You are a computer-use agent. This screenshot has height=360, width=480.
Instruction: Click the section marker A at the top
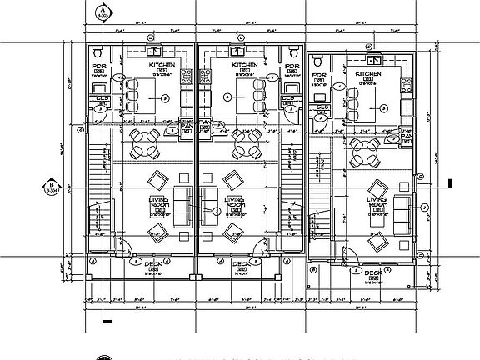(102, 11)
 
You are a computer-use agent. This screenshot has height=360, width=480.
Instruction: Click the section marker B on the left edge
(51, 187)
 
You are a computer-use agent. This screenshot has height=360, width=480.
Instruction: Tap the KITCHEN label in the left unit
(162, 64)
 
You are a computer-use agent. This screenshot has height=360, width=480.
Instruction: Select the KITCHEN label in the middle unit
(244, 64)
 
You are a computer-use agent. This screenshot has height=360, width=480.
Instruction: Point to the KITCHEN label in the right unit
(367, 74)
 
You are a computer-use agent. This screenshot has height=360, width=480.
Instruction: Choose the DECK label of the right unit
(372, 272)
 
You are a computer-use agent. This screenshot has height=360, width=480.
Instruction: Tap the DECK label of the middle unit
(241, 264)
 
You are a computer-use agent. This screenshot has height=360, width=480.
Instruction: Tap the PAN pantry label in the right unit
(407, 134)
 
